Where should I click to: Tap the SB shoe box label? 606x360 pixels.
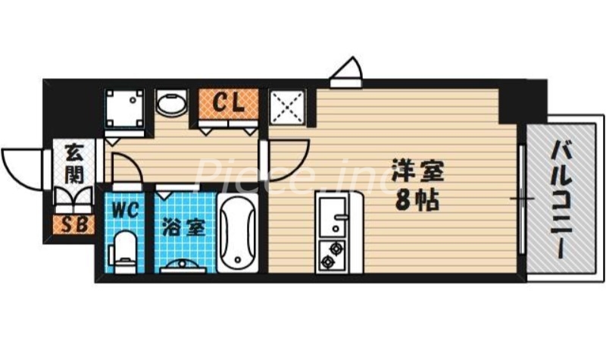point(73,224)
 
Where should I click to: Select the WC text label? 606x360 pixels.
point(125,209)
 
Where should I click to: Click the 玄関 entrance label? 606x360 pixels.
point(74,162)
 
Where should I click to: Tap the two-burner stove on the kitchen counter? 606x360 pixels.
point(331,255)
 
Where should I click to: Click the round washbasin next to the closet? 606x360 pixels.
point(172,104)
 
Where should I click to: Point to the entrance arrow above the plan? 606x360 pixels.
point(348,73)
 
